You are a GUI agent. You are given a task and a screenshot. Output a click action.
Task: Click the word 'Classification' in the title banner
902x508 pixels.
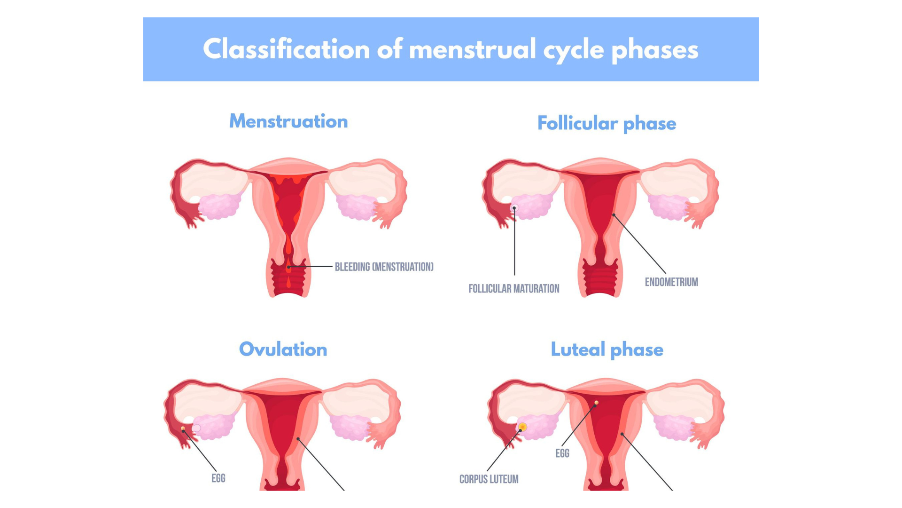tap(286, 49)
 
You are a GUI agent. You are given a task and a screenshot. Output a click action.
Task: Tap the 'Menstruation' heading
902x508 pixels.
tap(288, 121)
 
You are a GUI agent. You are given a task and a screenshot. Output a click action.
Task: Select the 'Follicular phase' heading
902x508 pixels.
tap(607, 123)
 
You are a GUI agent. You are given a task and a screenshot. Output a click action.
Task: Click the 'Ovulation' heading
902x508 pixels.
tap(283, 349)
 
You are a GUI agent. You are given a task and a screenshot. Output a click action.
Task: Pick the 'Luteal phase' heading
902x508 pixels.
tap(607, 349)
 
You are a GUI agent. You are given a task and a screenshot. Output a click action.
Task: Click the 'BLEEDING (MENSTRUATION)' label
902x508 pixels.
tap(384, 267)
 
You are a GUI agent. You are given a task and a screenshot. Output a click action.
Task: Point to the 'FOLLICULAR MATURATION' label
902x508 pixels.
tap(513, 289)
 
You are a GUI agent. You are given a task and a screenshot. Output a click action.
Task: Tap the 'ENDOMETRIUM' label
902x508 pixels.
tap(671, 282)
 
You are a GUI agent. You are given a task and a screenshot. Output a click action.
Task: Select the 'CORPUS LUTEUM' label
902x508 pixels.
tap(489, 479)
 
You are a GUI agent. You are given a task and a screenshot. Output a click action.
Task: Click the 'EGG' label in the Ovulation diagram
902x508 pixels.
tap(218, 478)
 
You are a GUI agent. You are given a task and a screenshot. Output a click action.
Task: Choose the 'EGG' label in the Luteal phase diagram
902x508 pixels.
tap(562, 453)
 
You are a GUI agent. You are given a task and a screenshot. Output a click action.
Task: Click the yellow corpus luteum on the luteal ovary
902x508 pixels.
tap(522, 427)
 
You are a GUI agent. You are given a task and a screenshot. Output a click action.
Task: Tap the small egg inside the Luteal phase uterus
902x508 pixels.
tap(597, 403)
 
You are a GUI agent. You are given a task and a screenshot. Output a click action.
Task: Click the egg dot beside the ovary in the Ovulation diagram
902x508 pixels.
tap(183, 429)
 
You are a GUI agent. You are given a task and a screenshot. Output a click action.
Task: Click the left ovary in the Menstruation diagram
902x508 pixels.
tap(219, 206)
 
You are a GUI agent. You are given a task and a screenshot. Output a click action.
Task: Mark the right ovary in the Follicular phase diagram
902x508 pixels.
tap(668, 207)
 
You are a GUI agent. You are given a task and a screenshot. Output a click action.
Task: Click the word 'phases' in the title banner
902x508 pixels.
tap(655, 49)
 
